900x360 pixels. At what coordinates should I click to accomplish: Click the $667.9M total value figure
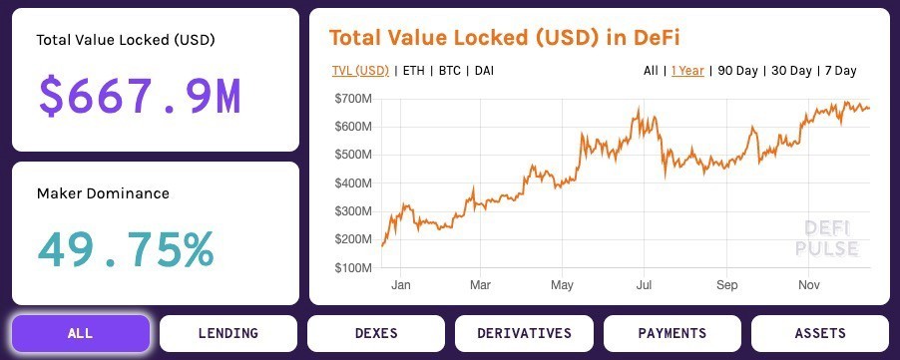pyautogui.click(x=140, y=97)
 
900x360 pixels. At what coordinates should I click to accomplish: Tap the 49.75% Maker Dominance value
pyautogui.click(x=126, y=249)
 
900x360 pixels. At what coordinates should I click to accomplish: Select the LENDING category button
pyautogui.click(x=228, y=333)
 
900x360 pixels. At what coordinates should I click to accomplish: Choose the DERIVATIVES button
pyautogui.click(x=524, y=333)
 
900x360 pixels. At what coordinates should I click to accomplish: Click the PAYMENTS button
pyautogui.click(x=672, y=333)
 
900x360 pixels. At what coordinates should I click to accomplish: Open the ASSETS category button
pyautogui.click(x=819, y=333)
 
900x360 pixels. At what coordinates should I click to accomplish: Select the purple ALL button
pyautogui.click(x=81, y=333)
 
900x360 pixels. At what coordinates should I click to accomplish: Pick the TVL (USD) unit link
pyautogui.click(x=360, y=71)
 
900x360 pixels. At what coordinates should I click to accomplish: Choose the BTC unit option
pyautogui.click(x=450, y=71)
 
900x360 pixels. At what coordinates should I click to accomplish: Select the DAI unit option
pyautogui.click(x=484, y=71)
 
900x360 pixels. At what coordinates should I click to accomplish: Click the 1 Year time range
pyautogui.click(x=687, y=71)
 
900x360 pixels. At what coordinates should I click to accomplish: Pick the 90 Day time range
pyautogui.click(x=738, y=71)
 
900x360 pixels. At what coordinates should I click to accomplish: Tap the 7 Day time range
pyautogui.click(x=840, y=71)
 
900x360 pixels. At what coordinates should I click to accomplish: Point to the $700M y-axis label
pyautogui.click(x=354, y=99)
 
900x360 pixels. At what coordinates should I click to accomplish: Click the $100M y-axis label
pyautogui.click(x=354, y=268)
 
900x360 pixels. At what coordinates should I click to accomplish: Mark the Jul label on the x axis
pyautogui.click(x=645, y=286)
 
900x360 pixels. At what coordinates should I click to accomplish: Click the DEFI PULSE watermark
pyautogui.click(x=827, y=238)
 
